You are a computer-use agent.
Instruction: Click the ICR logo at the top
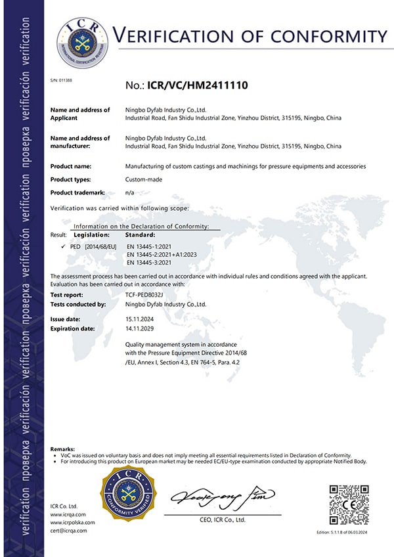click(82, 44)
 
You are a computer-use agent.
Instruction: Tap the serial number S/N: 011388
click(61, 80)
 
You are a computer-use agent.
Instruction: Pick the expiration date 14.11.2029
click(140, 328)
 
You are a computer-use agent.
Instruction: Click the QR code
click(348, 505)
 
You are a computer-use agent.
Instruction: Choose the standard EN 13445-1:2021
click(148, 246)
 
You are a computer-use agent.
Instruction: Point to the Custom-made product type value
click(140, 179)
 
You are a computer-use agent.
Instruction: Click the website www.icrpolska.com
click(73, 522)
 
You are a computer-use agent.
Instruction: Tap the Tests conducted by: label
click(78, 304)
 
